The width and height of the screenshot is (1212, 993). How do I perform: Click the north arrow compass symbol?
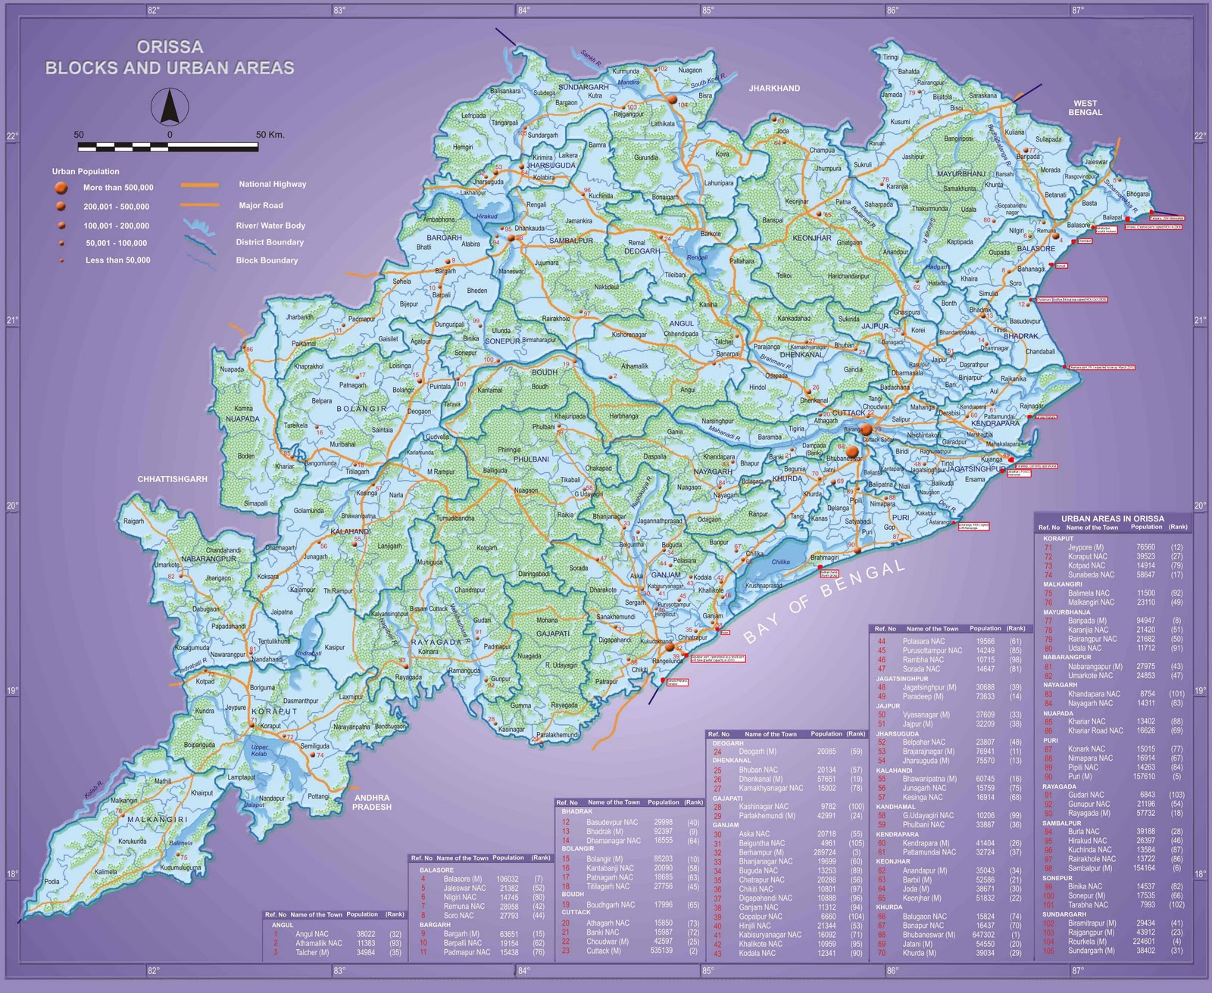(170, 106)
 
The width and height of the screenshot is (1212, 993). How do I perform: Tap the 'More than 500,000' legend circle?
(61, 188)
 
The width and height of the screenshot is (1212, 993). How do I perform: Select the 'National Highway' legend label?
(272, 184)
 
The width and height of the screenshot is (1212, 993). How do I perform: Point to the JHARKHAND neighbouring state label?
(774, 89)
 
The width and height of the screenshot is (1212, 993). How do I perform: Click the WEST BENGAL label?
(1085, 107)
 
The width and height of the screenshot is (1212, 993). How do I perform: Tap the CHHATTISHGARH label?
(172, 479)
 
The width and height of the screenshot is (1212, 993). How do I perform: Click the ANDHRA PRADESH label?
(372, 802)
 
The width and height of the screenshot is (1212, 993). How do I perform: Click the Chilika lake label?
(780, 562)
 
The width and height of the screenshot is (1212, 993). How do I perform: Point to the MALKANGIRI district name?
(157, 820)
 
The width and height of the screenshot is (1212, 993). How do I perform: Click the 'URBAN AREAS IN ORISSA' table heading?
(1112, 518)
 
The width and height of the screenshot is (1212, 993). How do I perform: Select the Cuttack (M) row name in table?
(603, 951)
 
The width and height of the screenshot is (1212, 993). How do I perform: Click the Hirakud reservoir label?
(486, 216)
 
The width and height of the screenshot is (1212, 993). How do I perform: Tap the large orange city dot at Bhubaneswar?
(852, 452)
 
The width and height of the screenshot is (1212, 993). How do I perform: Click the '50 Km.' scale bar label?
(270, 135)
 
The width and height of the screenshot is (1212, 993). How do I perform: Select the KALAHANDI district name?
(350, 532)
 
